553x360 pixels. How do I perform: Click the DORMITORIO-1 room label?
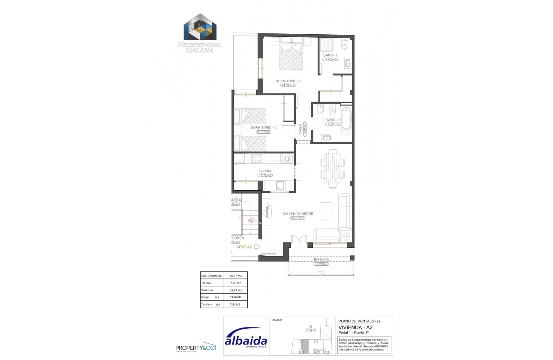pyautogui.click(x=288, y=81)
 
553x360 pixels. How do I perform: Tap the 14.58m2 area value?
pyautogui.click(x=288, y=85)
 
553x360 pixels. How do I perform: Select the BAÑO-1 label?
pyautogui.click(x=331, y=55)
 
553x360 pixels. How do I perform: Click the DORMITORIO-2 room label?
pyautogui.click(x=264, y=127)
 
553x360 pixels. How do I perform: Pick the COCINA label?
pyautogui.click(x=265, y=171)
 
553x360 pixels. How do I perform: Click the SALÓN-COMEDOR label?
pyautogui.click(x=298, y=213)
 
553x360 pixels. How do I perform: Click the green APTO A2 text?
pyautogui.click(x=244, y=247)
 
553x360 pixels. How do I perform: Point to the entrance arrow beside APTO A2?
pyautogui.click(x=257, y=247)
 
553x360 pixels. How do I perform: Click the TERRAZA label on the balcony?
pyautogui.click(x=321, y=260)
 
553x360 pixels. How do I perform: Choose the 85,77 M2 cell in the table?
pyautogui.click(x=233, y=276)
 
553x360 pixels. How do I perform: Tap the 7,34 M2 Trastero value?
pyautogui.click(x=233, y=305)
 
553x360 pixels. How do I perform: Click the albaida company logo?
pyautogui.click(x=246, y=340)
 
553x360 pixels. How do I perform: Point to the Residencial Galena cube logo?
pyautogui.click(x=200, y=29)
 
